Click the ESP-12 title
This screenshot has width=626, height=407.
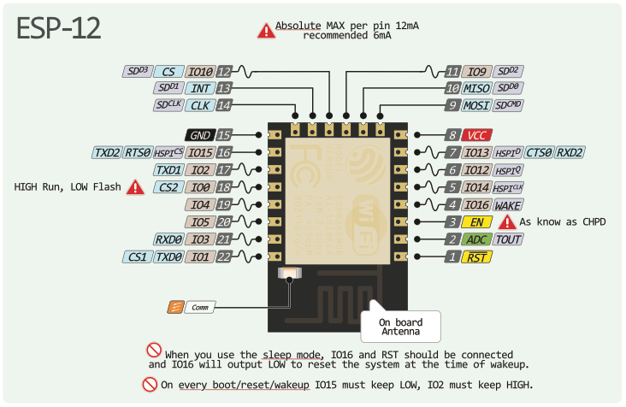[x=59, y=28]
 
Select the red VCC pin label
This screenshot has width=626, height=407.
[x=475, y=135]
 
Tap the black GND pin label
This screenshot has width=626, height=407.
[x=199, y=135]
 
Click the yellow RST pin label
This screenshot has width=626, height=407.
[x=475, y=257]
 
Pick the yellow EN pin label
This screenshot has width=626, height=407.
[x=475, y=222]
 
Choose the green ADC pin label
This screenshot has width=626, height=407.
[x=476, y=239]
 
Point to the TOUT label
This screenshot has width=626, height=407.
[x=508, y=239]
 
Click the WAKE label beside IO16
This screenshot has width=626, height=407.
[x=508, y=204]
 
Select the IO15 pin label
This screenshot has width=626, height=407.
[x=200, y=152]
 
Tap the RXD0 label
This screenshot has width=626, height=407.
[x=168, y=239]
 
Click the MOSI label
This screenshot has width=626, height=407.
[x=476, y=105]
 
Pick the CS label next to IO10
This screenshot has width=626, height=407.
[x=168, y=72]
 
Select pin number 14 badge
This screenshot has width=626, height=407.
[x=224, y=105]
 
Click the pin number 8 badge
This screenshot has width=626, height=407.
[x=452, y=135]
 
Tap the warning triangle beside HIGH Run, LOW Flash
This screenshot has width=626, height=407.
[x=135, y=187]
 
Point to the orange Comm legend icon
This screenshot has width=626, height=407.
[x=174, y=306]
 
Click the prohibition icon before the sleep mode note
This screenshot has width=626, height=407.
[x=155, y=350]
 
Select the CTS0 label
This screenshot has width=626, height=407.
[x=538, y=152]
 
